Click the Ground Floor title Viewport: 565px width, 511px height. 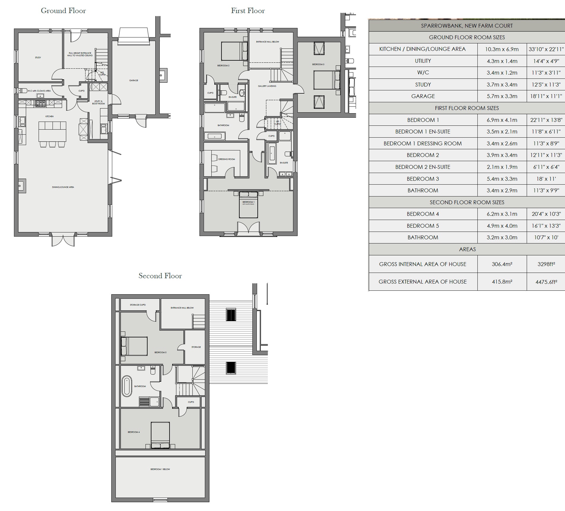coord(63,11)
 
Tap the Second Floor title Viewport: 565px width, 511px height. coord(160,276)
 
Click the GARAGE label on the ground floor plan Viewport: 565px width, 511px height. coord(134,81)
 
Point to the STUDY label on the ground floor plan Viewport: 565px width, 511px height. coord(38,58)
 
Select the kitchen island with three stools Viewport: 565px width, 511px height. coord(52,132)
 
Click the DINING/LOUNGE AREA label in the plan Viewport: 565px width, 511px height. coord(63,187)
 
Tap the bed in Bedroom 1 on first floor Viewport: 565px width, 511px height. coord(249,205)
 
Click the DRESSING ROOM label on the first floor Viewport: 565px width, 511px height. coord(227,159)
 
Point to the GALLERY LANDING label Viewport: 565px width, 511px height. coord(267,86)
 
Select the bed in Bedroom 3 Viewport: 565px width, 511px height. coord(327,80)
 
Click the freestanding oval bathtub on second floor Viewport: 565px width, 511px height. coord(127,386)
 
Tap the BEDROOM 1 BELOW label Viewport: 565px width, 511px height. coord(160,469)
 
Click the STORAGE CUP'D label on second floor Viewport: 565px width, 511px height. coord(137,305)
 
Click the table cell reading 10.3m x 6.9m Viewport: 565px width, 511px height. coord(502,49)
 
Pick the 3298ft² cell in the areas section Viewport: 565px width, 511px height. coord(546,264)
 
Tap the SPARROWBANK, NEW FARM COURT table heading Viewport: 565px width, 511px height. coord(467,26)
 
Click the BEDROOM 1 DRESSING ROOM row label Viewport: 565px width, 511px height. coord(422,144)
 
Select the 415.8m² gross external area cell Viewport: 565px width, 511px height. coord(502,282)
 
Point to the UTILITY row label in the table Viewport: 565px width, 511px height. coord(422,61)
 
